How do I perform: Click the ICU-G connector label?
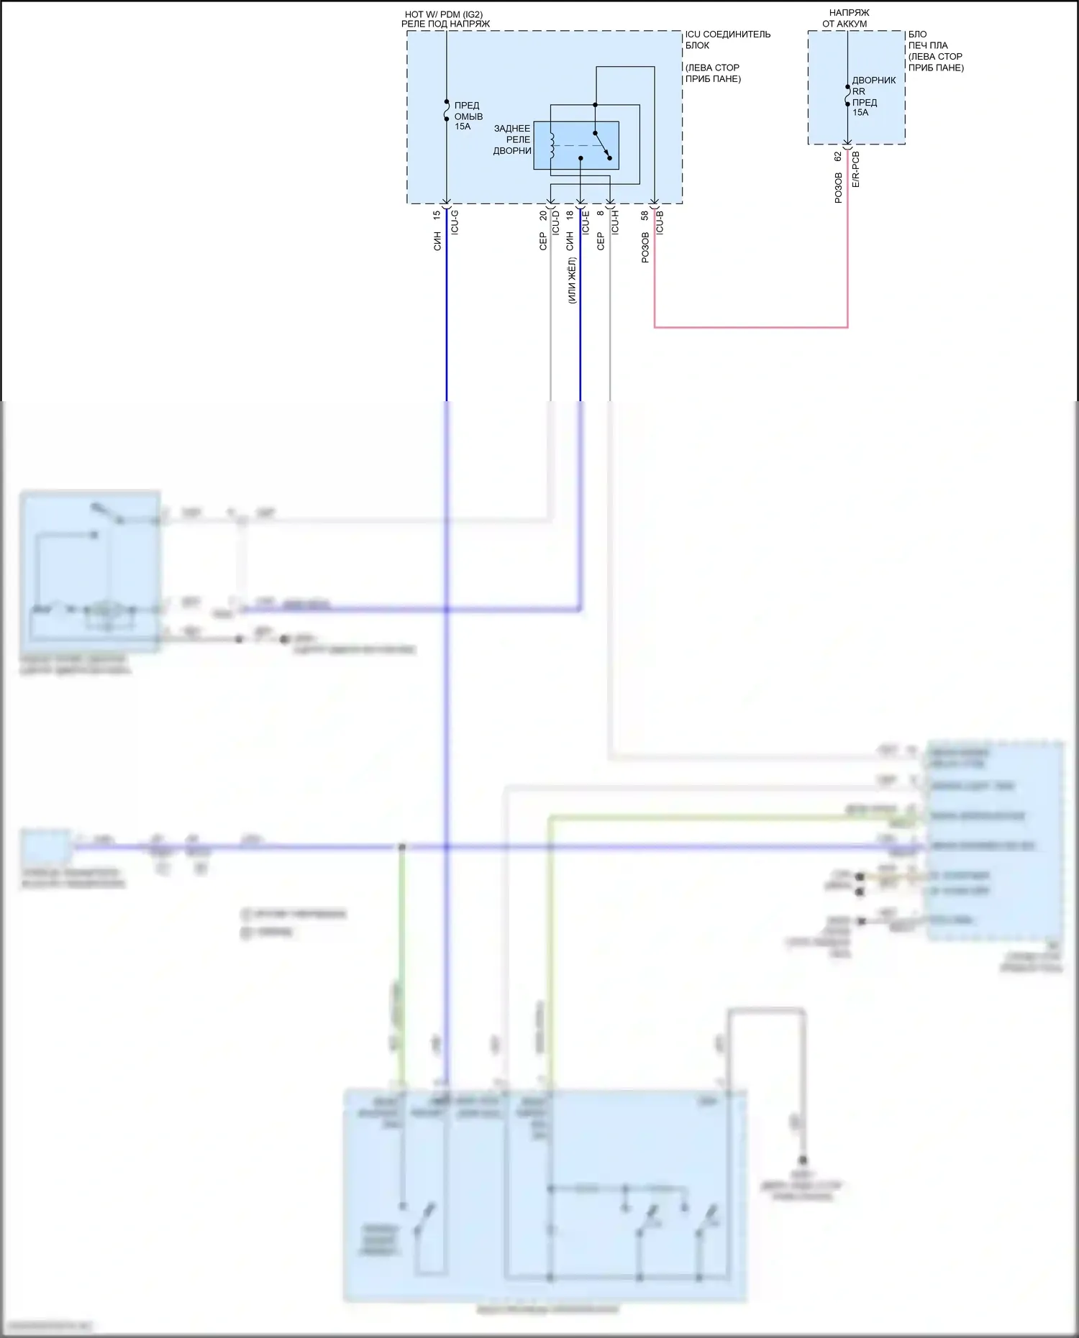click(x=455, y=222)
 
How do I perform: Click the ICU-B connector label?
click(x=660, y=222)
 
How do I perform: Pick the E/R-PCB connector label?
click(x=855, y=170)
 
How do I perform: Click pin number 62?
click(x=838, y=156)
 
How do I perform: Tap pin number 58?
click(x=645, y=214)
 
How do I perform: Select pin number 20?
click(x=543, y=214)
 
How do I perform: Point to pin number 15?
click(x=437, y=214)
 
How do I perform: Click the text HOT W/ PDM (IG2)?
click(x=444, y=14)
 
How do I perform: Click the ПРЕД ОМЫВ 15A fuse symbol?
click(x=447, y=111)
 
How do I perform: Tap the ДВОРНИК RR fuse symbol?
click(x=847, y=96)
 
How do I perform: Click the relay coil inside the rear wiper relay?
click(x=552, y=146)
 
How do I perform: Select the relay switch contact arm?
click(x=602, y=144)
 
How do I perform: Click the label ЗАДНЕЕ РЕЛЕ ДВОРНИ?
click(x=512, y=139)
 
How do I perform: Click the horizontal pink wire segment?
click(x=751, y=327)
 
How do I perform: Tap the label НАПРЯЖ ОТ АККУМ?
click(x=847, y=18)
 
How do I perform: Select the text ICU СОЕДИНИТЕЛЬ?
click(x=727, y=34)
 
